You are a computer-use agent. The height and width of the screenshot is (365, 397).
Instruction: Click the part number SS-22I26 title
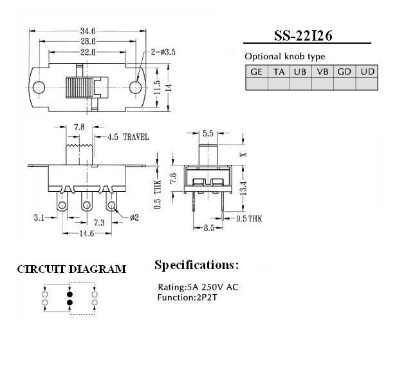(303, 36)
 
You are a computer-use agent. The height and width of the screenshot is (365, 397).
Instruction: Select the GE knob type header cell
(257, 71)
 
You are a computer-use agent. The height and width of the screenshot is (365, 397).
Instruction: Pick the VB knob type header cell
(322, 71)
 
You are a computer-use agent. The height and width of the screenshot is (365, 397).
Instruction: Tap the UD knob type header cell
(367, 71)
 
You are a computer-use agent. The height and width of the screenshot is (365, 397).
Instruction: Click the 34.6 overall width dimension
(88, 31)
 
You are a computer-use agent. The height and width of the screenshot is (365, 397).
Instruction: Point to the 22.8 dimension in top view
(88, 52)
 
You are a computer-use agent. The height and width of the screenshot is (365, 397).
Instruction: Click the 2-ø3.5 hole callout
(163, 52)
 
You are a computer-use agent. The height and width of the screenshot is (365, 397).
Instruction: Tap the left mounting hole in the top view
(39, 88)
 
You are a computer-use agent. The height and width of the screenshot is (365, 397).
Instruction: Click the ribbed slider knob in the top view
(79, 88)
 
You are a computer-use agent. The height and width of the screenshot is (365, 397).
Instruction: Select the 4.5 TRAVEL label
(128, 137)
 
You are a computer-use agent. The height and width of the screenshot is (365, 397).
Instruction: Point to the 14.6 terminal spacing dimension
(87, 233)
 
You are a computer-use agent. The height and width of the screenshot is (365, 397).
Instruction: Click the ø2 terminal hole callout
(134, 218)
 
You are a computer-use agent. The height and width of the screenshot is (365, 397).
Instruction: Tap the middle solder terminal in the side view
(87, 202)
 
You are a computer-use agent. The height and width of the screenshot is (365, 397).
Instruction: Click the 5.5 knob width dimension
(208, 133)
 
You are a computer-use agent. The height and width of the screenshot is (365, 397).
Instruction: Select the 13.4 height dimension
(243, 188)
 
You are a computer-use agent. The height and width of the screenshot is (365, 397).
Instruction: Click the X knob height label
(244, 154)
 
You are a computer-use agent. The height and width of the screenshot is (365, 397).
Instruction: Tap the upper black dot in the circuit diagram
(70, 294)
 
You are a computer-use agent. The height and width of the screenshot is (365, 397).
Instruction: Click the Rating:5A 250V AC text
(198, 287)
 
